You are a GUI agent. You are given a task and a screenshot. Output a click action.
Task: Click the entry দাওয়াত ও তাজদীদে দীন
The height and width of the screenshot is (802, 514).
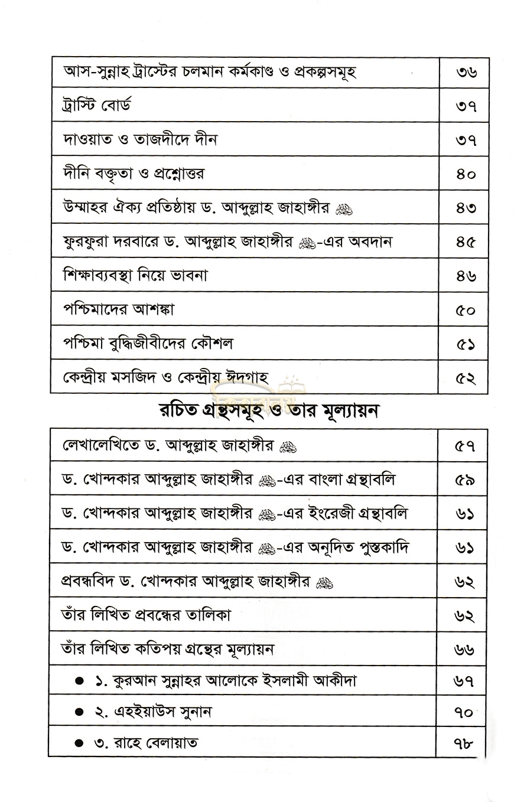point(140,140)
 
